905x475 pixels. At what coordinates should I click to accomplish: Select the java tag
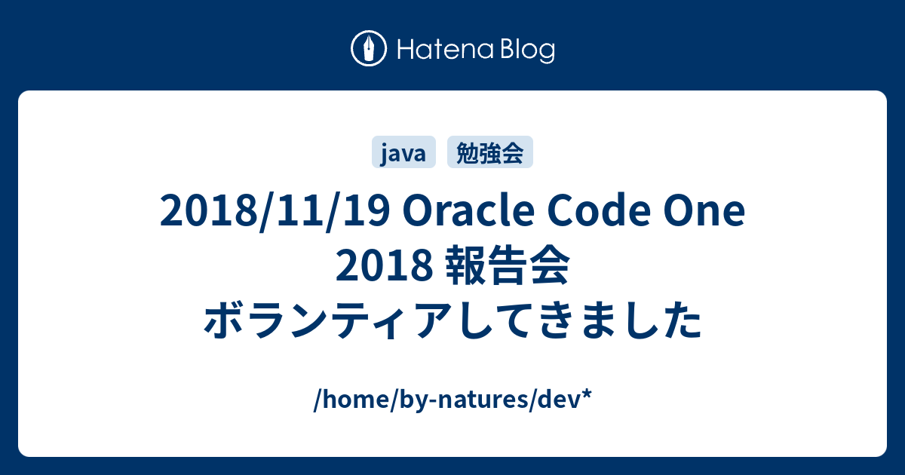(x=403, y=154)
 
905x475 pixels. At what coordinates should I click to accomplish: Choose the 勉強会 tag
(x=490, y=154)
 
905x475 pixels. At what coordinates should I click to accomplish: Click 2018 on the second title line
(x=384, y=269)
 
